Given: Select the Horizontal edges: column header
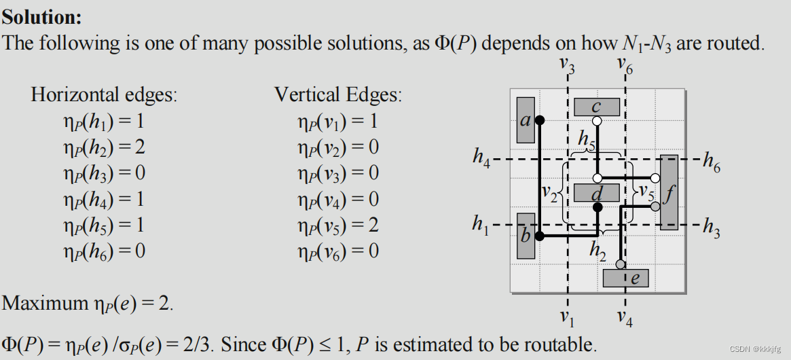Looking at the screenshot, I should tap(104, 94).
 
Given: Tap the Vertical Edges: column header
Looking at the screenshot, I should tap(338, 94).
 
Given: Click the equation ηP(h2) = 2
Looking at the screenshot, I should tap(104, 147).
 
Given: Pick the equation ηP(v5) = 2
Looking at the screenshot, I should tap(338, 225).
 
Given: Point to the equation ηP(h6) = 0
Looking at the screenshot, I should tap(104, 251).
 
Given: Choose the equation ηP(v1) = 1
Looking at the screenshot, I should tap(338, 122).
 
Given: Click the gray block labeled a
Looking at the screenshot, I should tap(525, 120).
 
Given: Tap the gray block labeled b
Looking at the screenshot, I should tap(526, 236).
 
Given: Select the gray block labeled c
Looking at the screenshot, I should tap(596, 107).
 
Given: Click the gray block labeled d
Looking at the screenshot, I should tap(597, 193).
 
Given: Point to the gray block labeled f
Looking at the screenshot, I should tap(669, 193).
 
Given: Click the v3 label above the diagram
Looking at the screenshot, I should tap(566, 66).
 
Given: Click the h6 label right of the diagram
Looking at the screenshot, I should tap(712, 161).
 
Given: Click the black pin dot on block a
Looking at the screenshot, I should tap(540, 121).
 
